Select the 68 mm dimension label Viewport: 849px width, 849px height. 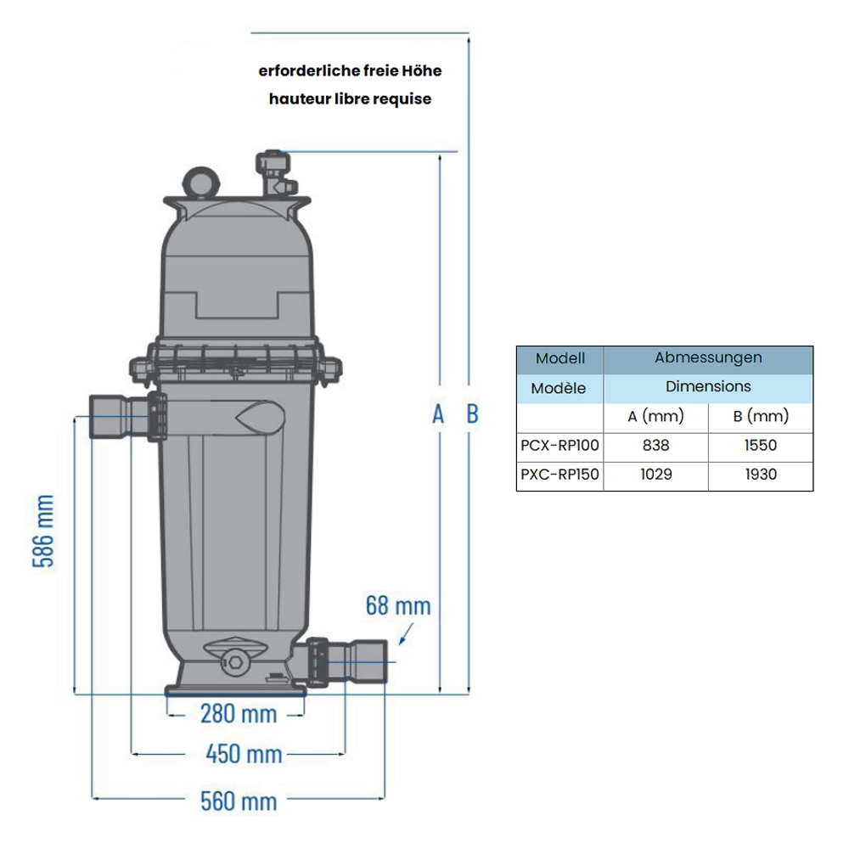coord(398,606)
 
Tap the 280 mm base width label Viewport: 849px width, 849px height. coord(239,713)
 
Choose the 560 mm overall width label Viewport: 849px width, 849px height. coord(239,800)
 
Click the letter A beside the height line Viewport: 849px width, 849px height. coord(438,413)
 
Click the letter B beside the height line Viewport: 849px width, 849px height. coord(472,413)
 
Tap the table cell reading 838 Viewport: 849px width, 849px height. coord(655,445)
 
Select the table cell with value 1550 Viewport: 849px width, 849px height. coord(761,445)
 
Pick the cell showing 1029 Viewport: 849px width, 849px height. coord(655,475)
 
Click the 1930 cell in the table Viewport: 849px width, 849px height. coord(761,475)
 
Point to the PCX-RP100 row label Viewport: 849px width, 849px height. coord(559,445)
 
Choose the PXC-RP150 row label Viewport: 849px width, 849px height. coord(559,475)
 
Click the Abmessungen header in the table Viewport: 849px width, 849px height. coord(708,358)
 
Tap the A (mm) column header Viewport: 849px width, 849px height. coord(655,416)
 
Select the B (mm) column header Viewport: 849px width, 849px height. coord(761,416)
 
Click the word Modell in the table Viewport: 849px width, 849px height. coord(559,359)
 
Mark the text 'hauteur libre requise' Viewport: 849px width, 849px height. coord(350,98)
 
